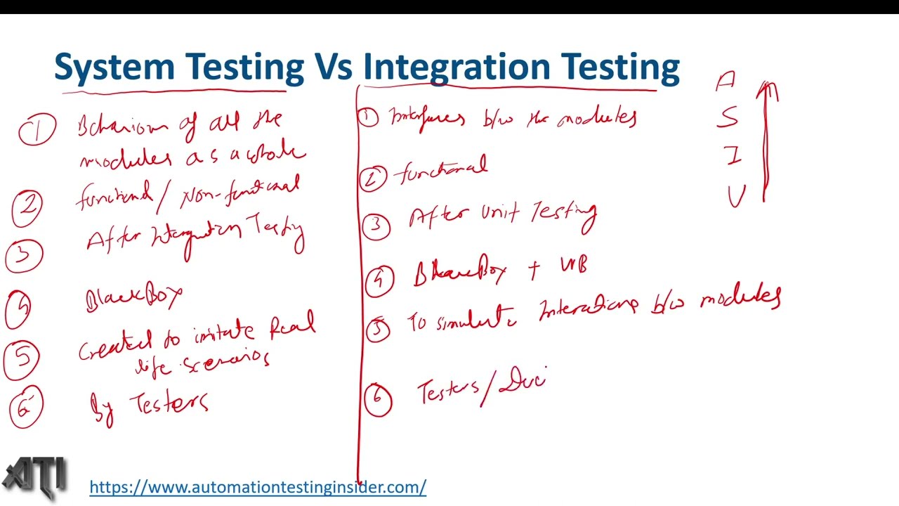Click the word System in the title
tap(114, 67)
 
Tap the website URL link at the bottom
tap(258, 487)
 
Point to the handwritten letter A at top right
tap(726, 82)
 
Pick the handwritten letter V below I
tap(736, 196)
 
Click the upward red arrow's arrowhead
tap(768, 90)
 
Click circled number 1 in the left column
tap(37, 131)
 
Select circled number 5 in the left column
tap(22, 358)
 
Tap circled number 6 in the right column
tap(378, 398)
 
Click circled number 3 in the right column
tap(377, 226)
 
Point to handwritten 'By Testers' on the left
tap(150, 406)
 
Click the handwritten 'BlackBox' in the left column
tap(133, 299)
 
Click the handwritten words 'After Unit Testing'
tap(503, 215)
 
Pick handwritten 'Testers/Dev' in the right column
tap(482, 389)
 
